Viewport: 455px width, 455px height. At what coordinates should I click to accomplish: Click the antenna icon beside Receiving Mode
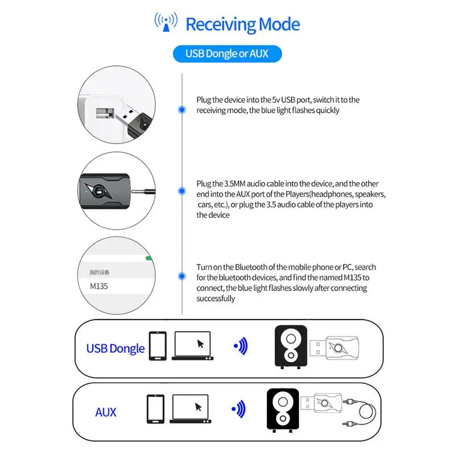(x=166, y=22)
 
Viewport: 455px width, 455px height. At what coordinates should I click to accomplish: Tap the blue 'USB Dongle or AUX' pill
(x=226, y=55)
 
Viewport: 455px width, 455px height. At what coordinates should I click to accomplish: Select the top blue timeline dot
(x=181, y=109)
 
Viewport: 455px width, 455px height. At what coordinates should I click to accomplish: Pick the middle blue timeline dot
(x=181, y=192)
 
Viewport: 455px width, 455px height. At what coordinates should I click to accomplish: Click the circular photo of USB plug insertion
(x=115, y=106)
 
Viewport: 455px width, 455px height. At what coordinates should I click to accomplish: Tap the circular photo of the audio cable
(x=115, y=192)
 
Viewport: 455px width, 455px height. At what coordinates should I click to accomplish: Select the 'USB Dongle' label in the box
(x=115, y=348)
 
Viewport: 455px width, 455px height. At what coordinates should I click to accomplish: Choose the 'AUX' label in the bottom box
(x=106, y=412)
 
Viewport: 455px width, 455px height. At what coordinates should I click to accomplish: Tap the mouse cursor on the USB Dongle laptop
(x=200, y=344)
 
